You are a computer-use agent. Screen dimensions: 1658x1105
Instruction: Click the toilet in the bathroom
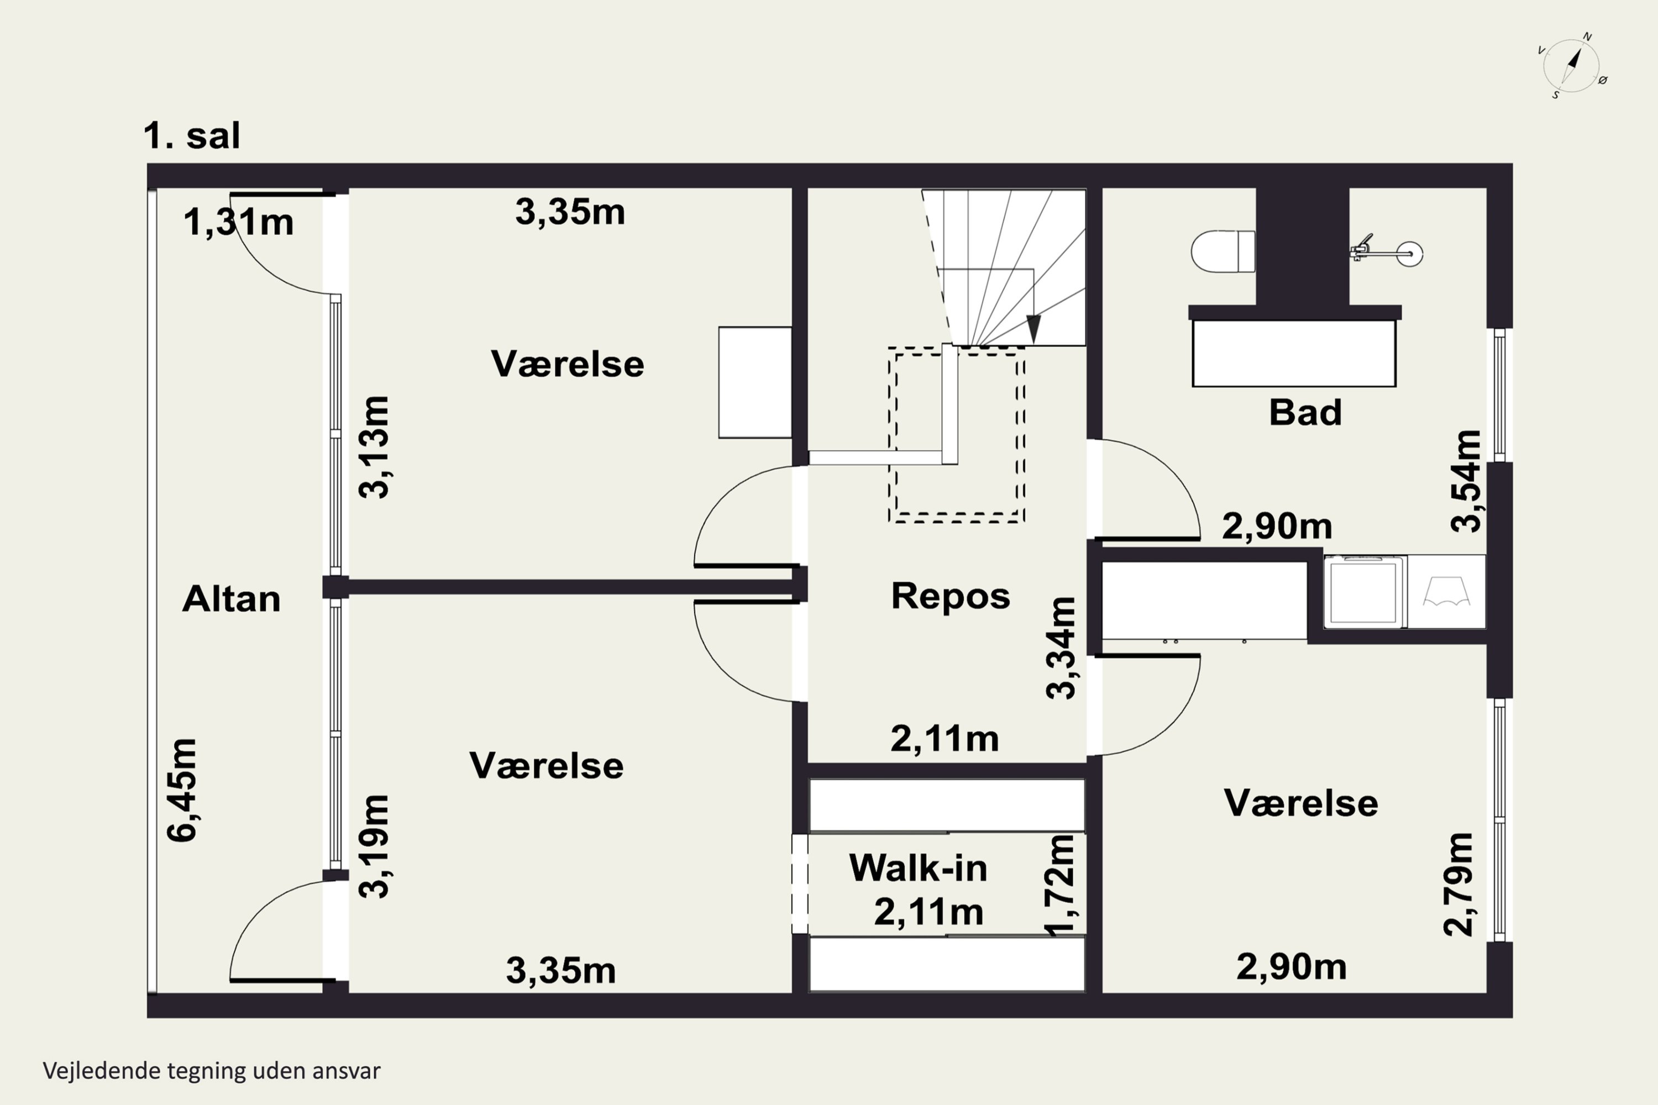(1223, 251)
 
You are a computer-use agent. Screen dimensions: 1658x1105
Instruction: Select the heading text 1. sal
(192, 135)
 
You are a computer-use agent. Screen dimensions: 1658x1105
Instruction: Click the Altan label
(231, 599)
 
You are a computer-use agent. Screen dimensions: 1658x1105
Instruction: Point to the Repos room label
(950, 596)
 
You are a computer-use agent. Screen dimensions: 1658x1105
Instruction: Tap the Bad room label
(1305, 412)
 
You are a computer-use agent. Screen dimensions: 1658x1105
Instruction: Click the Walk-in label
(918, 867)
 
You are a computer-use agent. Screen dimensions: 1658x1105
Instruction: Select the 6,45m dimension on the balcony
(182, 790)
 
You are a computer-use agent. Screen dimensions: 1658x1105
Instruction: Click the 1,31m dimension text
(238, 222)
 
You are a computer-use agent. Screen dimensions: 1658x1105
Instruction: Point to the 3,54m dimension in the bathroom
(1466, 481)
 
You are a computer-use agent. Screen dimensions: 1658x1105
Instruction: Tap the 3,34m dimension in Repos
(1061, 648)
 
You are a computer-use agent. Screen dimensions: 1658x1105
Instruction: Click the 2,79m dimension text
(1458, 885)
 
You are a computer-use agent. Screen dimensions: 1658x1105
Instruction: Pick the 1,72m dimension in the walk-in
(1061, 885)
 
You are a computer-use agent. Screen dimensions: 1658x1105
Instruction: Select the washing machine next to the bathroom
(1365, 591)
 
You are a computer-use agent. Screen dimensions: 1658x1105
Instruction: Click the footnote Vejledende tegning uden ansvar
(212, 1071)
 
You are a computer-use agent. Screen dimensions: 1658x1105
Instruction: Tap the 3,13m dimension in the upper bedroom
(374, 448)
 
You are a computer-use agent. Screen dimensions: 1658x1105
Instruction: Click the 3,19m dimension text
(374, 846)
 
